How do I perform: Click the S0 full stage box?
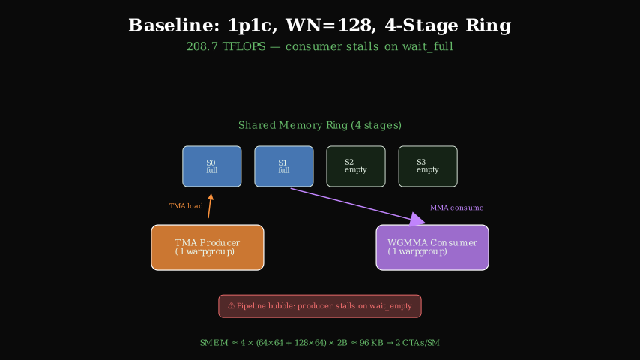[212, 166]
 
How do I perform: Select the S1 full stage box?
[284, 166]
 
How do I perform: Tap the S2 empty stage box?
[356, 166]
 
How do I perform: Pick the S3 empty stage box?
[428, 166]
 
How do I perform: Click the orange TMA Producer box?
[208, 247]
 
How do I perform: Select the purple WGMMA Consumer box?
[432, 247]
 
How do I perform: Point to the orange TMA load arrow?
[210, 206]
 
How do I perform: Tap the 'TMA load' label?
[186, 206]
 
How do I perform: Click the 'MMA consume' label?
[456, 208]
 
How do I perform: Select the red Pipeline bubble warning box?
[320, 306]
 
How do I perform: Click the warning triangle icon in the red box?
[231, 306]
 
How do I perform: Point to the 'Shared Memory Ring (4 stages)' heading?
[320, 125]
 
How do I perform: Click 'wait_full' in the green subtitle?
[429, 46]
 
